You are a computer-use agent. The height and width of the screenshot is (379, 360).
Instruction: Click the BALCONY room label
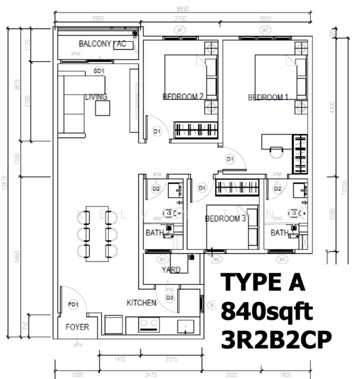95,44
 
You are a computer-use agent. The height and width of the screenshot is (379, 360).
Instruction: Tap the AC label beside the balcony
121,44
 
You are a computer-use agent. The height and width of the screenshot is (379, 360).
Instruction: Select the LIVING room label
96,97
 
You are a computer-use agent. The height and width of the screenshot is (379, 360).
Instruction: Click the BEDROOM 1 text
268,97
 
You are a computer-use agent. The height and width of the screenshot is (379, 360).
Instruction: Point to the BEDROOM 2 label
183,97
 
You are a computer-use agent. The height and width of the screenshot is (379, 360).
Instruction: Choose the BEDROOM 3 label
225,219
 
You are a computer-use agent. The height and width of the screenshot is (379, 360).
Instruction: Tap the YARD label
171,270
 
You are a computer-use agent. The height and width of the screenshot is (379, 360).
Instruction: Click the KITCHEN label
141,303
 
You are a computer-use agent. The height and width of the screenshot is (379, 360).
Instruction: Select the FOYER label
78,327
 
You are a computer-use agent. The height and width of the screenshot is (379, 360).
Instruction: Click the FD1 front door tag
73,305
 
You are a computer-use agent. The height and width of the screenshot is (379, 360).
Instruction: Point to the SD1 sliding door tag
99,71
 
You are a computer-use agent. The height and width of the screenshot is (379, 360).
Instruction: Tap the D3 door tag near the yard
169,297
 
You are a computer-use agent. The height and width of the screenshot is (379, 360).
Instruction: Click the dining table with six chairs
98,232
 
